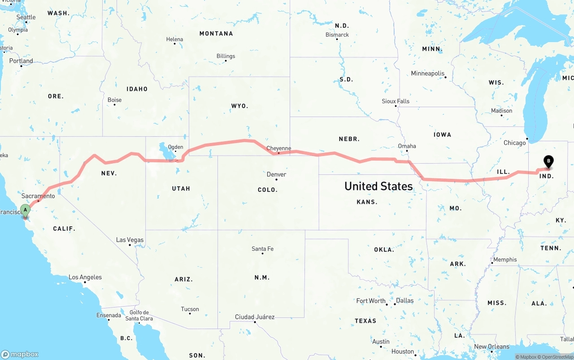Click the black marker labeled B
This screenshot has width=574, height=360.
point(548,161)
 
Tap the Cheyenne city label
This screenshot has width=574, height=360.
point(278,148)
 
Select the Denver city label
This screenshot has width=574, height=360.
point(276,174)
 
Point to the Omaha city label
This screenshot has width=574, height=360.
point(407,146)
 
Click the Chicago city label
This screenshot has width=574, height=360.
point(514,143)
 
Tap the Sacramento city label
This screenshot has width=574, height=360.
point(38,196)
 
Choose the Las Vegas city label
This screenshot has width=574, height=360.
point(130,240)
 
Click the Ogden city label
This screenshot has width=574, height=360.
point(175,147)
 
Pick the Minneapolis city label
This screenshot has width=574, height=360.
point(428,74)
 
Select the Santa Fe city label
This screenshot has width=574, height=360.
point(262,249)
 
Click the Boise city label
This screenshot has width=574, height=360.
point(114,100)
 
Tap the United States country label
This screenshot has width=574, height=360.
point(378,186)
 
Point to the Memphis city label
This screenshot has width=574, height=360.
point(505,260)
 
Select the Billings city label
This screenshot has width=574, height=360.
point(226,56)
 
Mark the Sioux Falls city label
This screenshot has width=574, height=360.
point(396,101)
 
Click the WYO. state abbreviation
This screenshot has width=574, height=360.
point(239,106)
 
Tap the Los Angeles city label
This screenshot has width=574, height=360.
point(85,277)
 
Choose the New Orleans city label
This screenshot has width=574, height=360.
point(491,347)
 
